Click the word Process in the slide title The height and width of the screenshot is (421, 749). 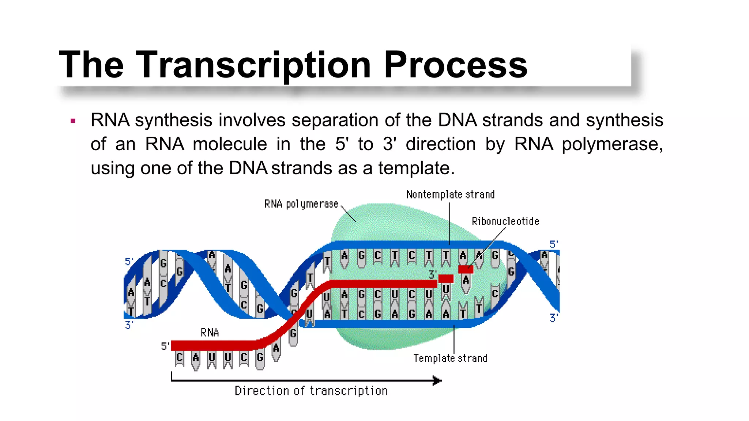pyautogui.click(x=455, y=65)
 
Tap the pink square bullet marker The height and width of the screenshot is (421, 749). pyautogui.click(x=73, y=121)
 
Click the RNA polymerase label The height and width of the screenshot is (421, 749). pyautogui.click(x=301, y=204)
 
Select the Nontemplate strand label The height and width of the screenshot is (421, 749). pyautogui.click(x=450, y=194)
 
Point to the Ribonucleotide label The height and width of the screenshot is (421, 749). pyautogui.click(x=505, y=221)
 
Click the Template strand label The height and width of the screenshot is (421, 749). pyautogui.click(x=450, y=358)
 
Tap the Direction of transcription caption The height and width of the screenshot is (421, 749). pyautogui.click(x=311, y=391)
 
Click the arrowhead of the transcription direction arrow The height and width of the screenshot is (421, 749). pyautogui.click(x=437, y=380)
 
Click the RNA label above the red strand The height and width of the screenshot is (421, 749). pyautogui.click(x=210, y=333)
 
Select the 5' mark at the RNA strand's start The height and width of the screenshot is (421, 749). pyautogui.click(x=165, y=346)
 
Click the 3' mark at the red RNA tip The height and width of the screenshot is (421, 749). pyautogui.click(x=432, y=274)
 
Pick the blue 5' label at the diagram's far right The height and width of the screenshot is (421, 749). pyautogui.click(x=554, y=244)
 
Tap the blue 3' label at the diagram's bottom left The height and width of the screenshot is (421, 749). pyautogui.click(x=129, y=325)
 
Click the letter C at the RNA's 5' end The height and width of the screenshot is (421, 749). pyautogui.click(x=179, y=357)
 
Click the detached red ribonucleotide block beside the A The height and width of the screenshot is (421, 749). pyautogui.click(x=466, y=269)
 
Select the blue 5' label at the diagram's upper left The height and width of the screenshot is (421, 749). pyautogui.click(x=129, y=262)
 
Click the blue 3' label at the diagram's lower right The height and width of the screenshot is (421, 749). pyautogui.click(x=554, y=318)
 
